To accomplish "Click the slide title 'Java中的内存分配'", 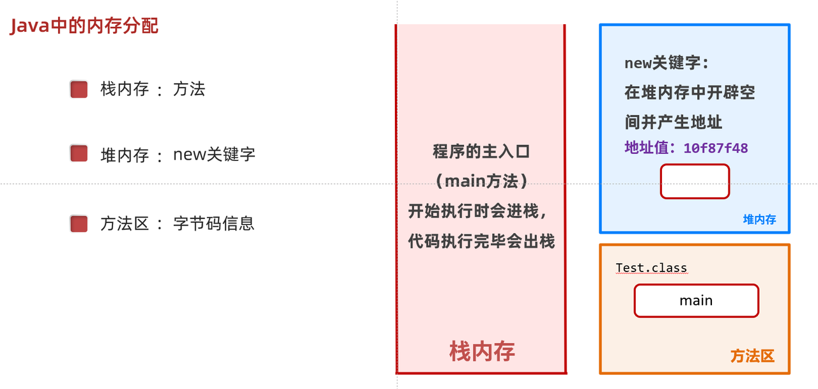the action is pos(84,26).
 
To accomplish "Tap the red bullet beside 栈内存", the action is pos(79,89).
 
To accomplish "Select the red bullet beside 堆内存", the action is pos(79,154).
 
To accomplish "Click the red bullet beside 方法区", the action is pos(79,224).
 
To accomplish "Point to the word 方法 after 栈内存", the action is pos(189,89).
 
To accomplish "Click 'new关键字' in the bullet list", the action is pos(214,154).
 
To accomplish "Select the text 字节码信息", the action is pos(214,224).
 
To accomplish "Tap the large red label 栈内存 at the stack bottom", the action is pos(482,351).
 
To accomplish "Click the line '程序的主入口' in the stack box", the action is pos(481,152).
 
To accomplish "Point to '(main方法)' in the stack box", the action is pos(481,181).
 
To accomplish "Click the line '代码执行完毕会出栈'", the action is pos(481,241).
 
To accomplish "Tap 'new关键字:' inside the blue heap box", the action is pos(667,63).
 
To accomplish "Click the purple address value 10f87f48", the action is pos(716,148).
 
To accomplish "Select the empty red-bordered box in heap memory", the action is pos(695,181).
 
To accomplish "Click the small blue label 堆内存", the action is pos(759,220).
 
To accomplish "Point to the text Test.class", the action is pos(651,268).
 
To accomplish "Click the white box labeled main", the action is pos(696,301).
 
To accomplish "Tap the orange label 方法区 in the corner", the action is pos(752,356).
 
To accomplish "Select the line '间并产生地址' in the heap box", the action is pos(674,122).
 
